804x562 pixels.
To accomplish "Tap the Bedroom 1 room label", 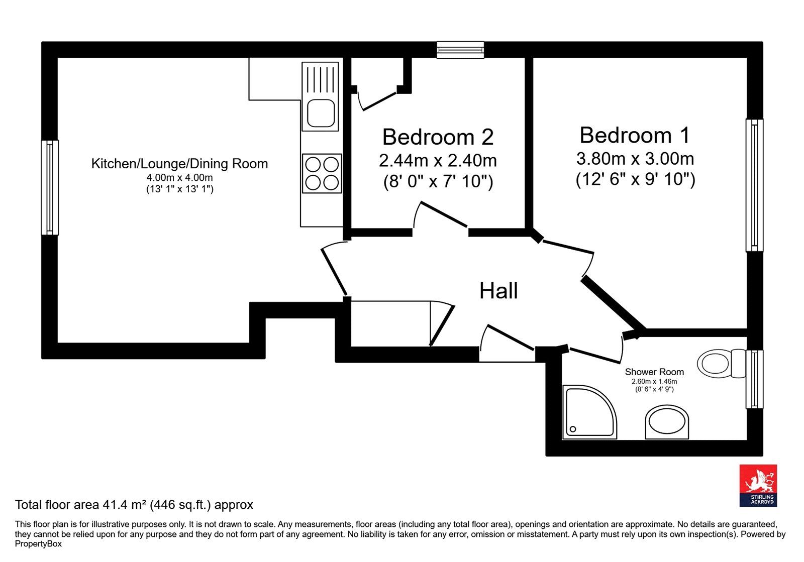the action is [635, 135].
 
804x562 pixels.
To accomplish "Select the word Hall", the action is [498, 291].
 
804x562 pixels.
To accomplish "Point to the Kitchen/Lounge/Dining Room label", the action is [179, 164].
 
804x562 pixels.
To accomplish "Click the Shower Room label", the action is [654, 372].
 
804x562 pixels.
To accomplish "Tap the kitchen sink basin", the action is [321, 113].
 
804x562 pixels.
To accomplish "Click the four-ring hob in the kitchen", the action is [322, 174].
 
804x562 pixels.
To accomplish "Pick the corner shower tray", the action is [589, 412].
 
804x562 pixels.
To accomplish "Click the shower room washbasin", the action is [667, 422].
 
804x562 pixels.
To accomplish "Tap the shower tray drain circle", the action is [573, 429].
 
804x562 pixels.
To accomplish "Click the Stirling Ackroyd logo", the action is [758, 486].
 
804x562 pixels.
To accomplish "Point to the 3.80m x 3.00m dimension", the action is [635, 159].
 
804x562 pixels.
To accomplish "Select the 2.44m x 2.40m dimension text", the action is [438, 160].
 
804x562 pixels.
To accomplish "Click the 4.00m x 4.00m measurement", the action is [179, 177].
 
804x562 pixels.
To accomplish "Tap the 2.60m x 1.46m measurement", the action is [654, 382].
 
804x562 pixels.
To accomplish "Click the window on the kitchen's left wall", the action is [50, 187].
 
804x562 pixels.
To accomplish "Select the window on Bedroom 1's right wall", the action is [754, 185].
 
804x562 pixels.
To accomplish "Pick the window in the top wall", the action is [460, 50].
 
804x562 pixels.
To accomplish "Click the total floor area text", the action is [134, 505].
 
